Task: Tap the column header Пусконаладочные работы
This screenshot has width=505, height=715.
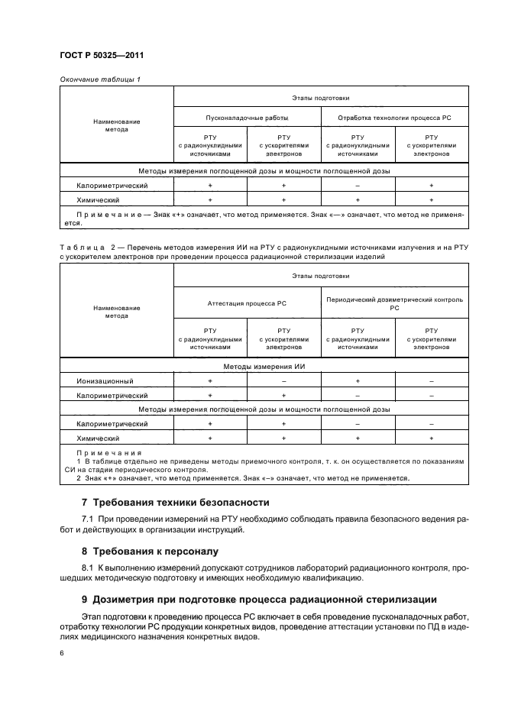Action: [247, 118]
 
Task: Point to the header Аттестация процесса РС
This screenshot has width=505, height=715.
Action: [247, 303]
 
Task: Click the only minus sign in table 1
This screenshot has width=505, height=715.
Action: [357, 186]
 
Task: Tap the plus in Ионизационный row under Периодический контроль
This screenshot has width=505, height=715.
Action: [357, 380]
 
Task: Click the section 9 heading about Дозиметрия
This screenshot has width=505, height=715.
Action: [258, 600]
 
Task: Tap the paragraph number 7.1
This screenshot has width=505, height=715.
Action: [87, 519]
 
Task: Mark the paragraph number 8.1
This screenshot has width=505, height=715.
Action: [87, 568]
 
